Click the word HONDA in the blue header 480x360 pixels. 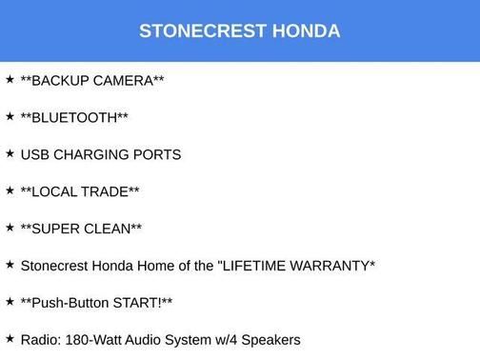306,30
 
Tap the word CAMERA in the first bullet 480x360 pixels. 123,80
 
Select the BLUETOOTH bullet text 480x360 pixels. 74,117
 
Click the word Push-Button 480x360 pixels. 70,302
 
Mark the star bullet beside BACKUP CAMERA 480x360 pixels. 10,79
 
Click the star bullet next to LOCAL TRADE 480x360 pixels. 10,190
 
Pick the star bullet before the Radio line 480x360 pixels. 10,338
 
